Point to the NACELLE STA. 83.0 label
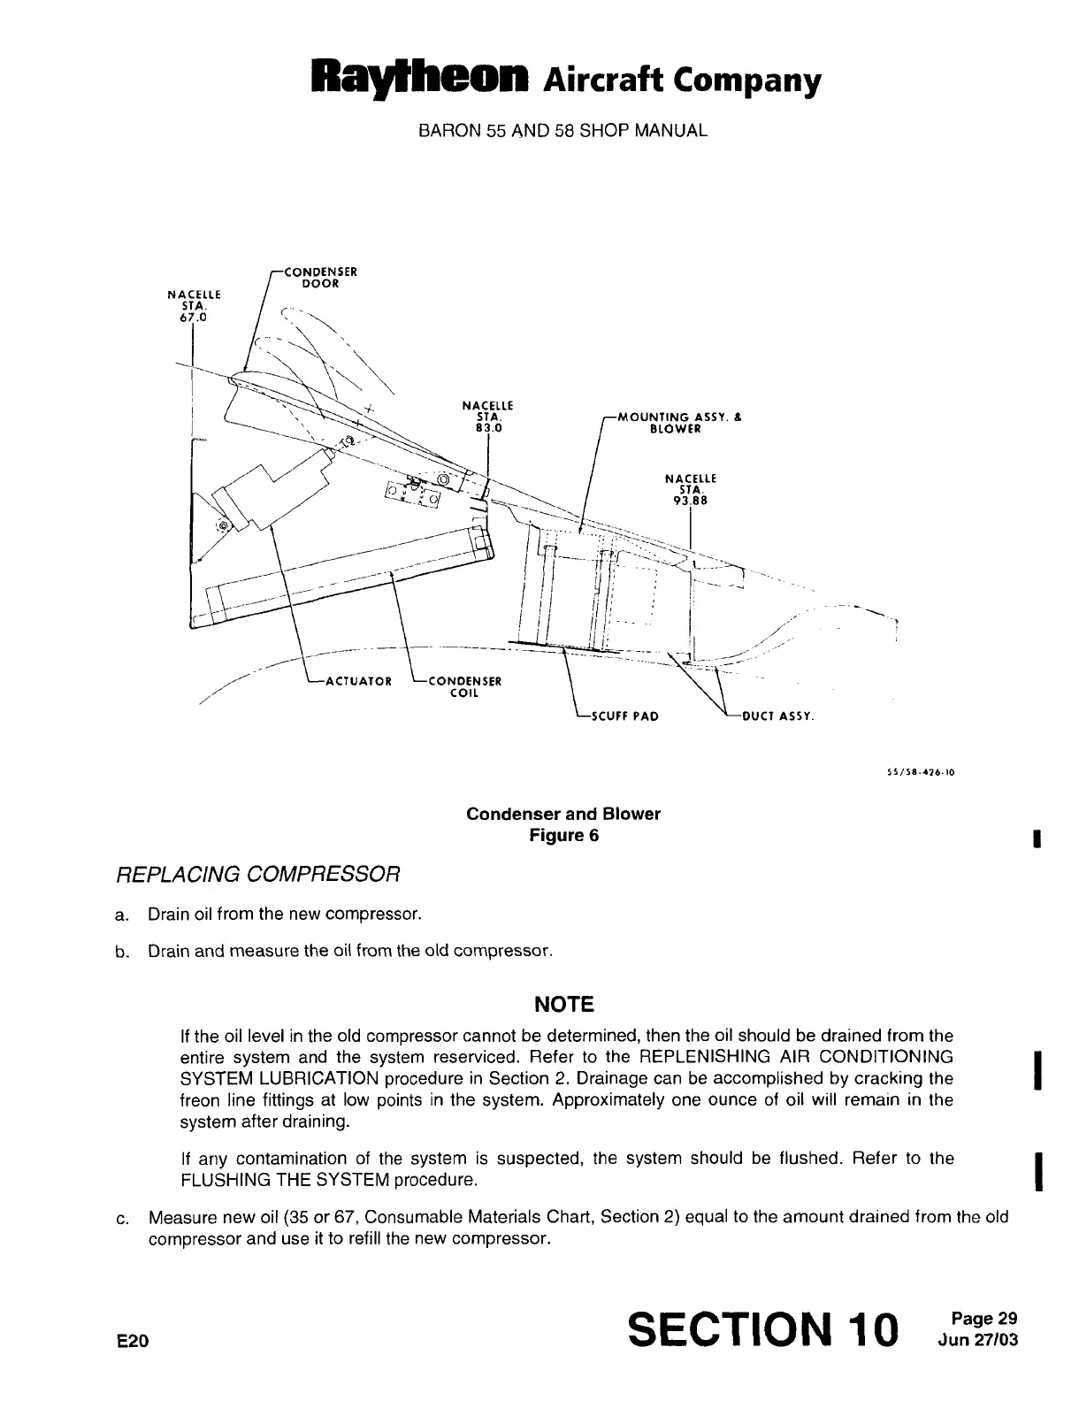488,417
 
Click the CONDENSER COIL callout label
464,686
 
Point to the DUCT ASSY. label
777,716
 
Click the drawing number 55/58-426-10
920,771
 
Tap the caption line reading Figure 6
563,836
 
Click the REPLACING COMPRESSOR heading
260,875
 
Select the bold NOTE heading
563,1004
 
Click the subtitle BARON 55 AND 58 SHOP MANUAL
562,131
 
